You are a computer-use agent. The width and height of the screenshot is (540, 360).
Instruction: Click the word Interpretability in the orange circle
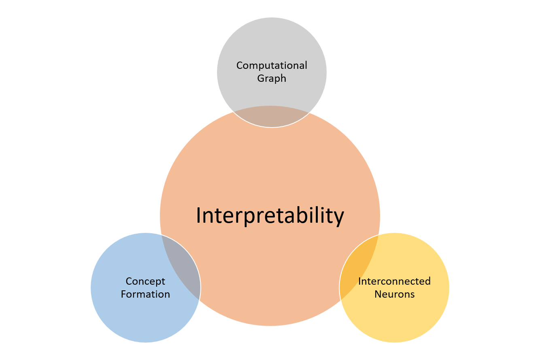tap(270, 215)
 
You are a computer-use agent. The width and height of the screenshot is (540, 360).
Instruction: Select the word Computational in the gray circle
tap(272, 65)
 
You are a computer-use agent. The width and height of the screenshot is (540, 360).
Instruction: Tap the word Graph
tap(272, 78)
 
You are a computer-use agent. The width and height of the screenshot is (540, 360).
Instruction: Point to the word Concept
tap(145, 281)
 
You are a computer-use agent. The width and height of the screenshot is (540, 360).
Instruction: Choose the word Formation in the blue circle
tap(145, 294)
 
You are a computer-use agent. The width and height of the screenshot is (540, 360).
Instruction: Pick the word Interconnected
tap(394, 281)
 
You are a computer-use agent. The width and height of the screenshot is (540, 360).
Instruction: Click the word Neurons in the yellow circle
tap(394, 294)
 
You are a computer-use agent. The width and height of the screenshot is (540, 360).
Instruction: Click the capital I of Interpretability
tap(198, 215)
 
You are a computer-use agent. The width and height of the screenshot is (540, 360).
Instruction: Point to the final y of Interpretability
tap(339, 218)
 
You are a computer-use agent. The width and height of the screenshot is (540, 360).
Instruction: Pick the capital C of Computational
tap(240, 65)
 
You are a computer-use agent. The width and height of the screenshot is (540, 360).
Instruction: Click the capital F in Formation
tap(123, 294)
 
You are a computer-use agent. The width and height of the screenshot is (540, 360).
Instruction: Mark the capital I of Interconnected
tap(360, 281)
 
